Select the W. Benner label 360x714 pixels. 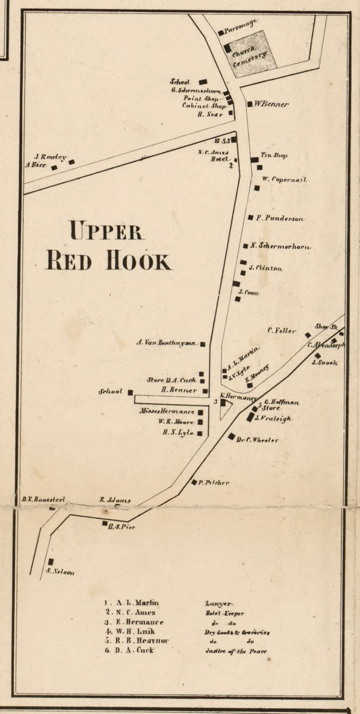271,104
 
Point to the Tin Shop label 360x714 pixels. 274,155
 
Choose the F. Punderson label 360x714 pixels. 280,218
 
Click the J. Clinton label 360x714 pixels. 265,268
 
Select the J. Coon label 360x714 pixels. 248,292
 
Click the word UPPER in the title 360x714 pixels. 105,230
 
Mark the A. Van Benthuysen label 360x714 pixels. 166,342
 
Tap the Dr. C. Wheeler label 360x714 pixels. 257,440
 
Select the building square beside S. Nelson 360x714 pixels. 51,562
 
